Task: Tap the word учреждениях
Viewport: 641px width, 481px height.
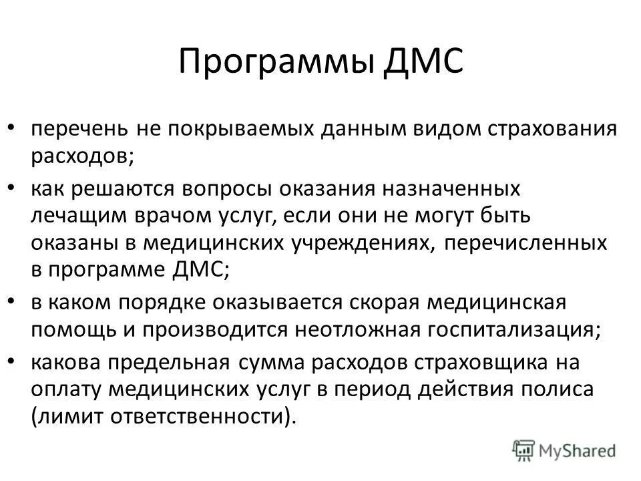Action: click(365, 243)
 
